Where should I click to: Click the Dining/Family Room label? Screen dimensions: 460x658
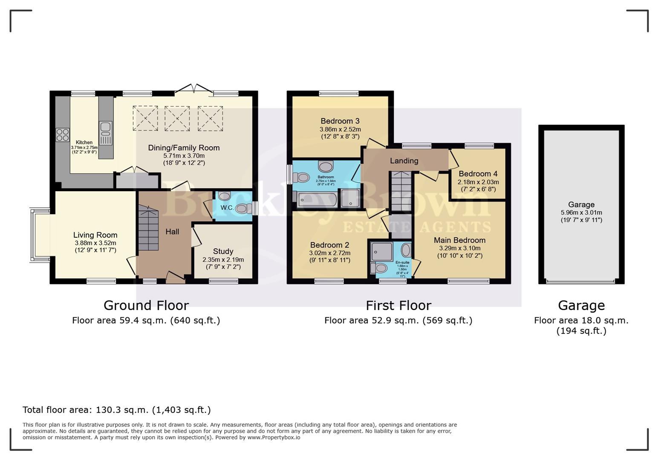pyautogui.click(x=184, y=148)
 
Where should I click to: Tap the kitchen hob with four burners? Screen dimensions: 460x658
pyautogui.click(x=63, y=135)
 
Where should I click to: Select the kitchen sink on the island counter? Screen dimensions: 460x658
pyautogui.click(x=105, y=127)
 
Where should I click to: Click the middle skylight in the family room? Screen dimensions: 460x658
pyautogui.click(x=177, y=118)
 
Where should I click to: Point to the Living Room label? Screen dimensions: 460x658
pyautogui.click(x=95, y=235)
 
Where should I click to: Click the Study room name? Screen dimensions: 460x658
pyautogui.click(x=223, y=251)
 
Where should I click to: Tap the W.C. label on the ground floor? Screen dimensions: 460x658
pyautogui.click(x=227, y=208)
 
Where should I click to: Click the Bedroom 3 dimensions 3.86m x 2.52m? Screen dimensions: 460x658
pyautogui.click(x=340, y=129)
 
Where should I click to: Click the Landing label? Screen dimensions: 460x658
pyautogui.click(x=404, y=161)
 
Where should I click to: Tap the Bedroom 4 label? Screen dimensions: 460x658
pyautogui.click(x=478, y=174)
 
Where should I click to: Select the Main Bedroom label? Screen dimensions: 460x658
pyautogui.click(x=459, y=240)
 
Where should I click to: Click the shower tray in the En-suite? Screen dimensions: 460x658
pyautogui.click(x=381, y=251)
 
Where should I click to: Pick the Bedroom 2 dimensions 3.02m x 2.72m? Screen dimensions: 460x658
pyautogui.click(x=330, y=253)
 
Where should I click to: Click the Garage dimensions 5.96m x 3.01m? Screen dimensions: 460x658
pyautogui.click(x=581, y=213)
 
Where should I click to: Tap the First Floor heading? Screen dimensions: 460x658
pyautogui.click(x=398, y=305)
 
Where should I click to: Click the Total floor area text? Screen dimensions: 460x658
pyautogui.click(x=116, y=410)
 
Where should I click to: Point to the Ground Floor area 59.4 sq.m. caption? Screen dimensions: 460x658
pyautogui.click(x=146, y=320)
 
